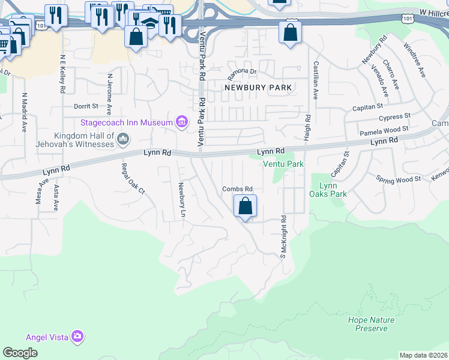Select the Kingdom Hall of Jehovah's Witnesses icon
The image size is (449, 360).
pos(124,140)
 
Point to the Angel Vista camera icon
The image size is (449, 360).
pos(77,337)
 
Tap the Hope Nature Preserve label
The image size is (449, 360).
pos(371,324)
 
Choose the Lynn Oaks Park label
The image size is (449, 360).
pos(328,190)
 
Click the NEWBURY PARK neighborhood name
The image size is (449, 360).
pos(258,88)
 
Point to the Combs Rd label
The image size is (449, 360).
pos(238,189)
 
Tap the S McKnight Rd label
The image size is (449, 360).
pos(283,237)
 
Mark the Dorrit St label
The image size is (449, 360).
pos(86,106)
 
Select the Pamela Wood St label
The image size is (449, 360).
pos(384,130)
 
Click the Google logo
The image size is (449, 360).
pos(20,353)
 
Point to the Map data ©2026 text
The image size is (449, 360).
pos(423,355)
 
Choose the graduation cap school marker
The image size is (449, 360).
pos(151,23)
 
